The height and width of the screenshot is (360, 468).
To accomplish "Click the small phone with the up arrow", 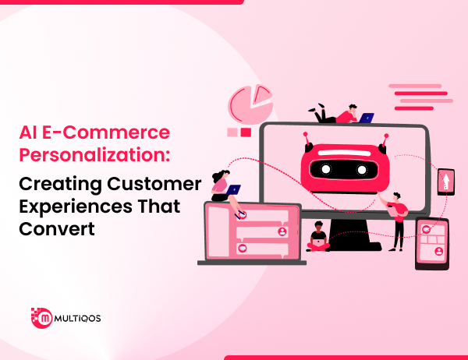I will tap(445, 184).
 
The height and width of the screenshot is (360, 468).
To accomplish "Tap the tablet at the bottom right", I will tap(431, 242).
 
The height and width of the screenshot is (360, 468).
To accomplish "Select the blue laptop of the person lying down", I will tap(366, 118).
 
